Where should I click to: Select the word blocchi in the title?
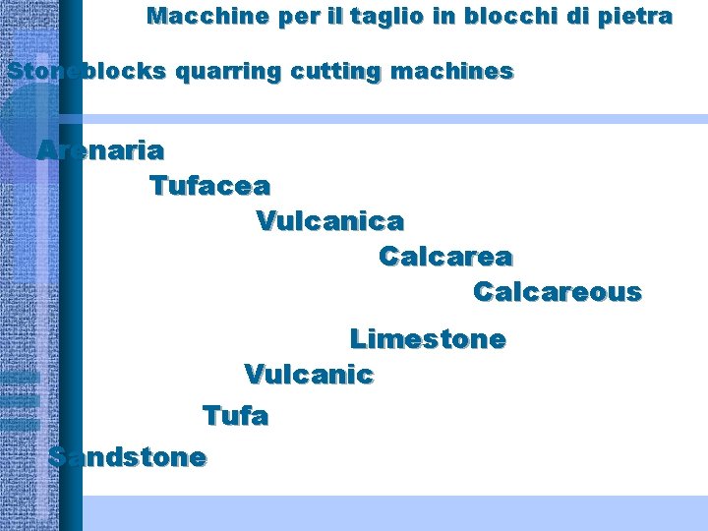pyautogui.click(x=508, y=17)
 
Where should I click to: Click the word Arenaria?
pyautogui.click(x=100, y=151)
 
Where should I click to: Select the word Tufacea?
pyautogui.click(x=209, y=185)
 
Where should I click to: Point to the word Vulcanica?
pyautogui.click(x=329, y=221)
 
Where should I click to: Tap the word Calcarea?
pyautogui.click(x=445, y=257)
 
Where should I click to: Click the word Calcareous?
pyautogui.click(x=557, y=293)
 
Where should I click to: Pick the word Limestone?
pyautogui.click(x=428, y=340)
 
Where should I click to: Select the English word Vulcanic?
pyautogui.click(x=309, y=375)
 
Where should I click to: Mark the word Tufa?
pyautogui.click(x=235, y=416)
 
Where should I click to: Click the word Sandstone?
pyautogui.click(x=128, y=457)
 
